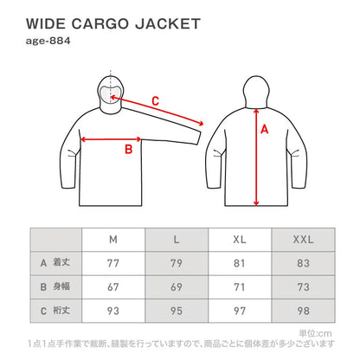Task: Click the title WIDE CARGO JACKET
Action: (x=113, y=23)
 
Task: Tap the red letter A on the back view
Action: (x=265, y=130)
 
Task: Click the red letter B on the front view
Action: (x=128, y=149)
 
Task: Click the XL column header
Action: (x=240, y=239)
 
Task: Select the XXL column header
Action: (x=303, y=239)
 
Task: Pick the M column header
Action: (x=113, y=239)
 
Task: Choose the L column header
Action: (x=177, y=239)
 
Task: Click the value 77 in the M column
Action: (x=113, y=261)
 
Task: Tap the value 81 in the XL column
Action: (x=240, y=261)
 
